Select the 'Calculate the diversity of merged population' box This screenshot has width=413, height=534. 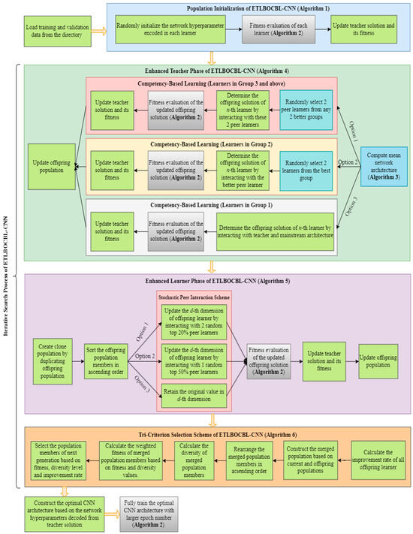(x=197, y=460)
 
